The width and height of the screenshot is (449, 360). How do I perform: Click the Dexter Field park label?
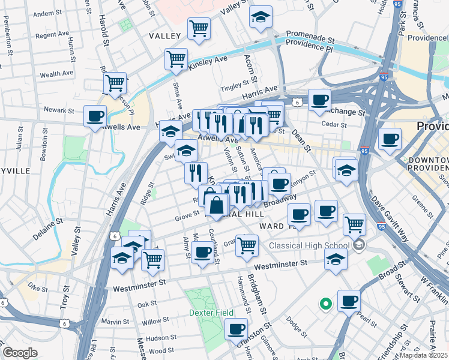coord(209,313)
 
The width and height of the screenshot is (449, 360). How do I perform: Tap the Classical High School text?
coord(309,245)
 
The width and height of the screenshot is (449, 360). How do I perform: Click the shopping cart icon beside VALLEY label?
coord(198,27)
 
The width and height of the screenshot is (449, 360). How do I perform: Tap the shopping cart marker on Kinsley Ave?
coord(176,59)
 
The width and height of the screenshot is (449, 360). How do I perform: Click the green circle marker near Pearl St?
coord(325,304)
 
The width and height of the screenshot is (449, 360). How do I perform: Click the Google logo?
coord(20,352)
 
